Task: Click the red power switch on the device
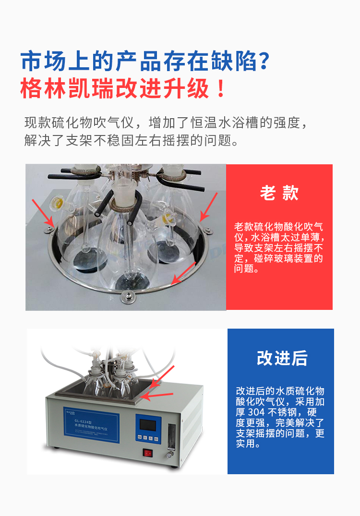[148, 452]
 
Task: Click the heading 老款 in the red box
[279, 193]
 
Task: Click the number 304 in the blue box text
[260, 412]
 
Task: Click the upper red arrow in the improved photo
[163, 376]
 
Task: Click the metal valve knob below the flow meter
[169, 453]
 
